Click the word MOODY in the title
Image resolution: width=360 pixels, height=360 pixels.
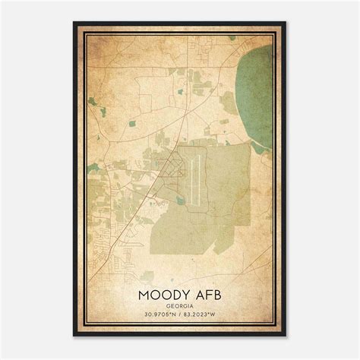click(164, 293)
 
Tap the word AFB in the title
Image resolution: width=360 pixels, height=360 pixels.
click(208, 293)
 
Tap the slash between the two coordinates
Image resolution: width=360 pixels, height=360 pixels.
click(180, 315)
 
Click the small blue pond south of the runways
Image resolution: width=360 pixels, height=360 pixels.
click(179, 200)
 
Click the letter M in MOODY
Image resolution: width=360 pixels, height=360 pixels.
click(143, 293)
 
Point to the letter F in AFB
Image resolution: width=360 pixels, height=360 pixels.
click(208, 293)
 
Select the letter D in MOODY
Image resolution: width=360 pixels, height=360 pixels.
click(175, 293)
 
